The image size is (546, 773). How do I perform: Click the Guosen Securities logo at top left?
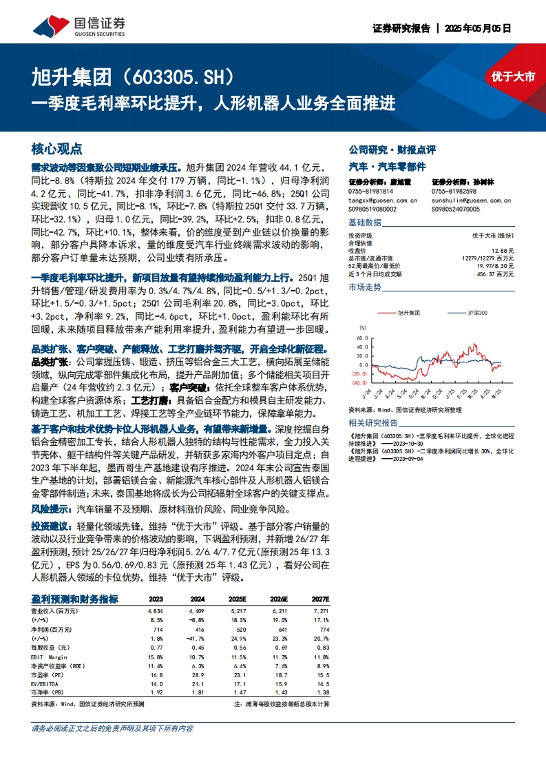click(x=80, y=25)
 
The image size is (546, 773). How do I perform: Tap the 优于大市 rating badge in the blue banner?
click(x=513, y=76)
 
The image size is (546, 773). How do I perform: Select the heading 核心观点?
click(x=56, y=149)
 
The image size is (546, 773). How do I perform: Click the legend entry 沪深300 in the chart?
click(x=475, y=313)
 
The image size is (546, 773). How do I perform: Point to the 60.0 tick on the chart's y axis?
click(x=360, y=338)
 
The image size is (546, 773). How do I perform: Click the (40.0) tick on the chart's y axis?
click(x=359, y=382)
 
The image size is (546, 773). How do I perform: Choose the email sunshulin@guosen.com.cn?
click(x=471, y=200)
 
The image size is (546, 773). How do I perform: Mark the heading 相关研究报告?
click(x=373, y=422)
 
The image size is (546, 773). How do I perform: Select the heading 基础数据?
click(x=365, y=222)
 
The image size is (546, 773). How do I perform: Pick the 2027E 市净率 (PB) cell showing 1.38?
click(x=321, y=691)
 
